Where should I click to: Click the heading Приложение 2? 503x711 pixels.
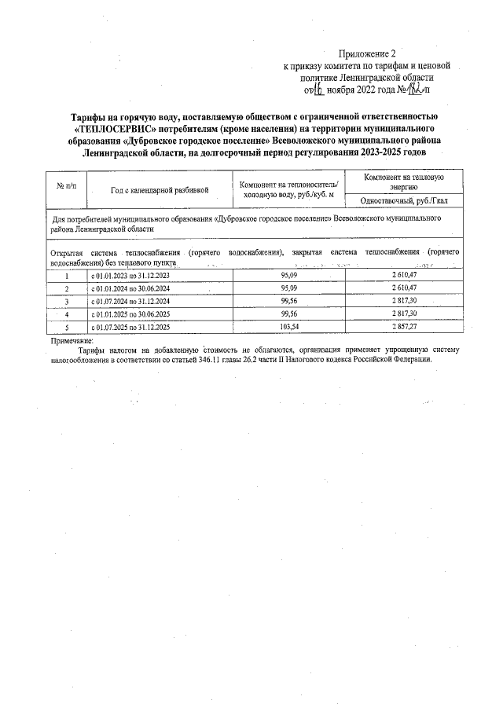pos(366,54)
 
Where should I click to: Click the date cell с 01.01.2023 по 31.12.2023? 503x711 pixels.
pos(130,277)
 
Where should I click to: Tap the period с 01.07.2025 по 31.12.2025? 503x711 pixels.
pos(130,326)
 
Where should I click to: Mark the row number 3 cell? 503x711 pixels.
pos(67,302)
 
